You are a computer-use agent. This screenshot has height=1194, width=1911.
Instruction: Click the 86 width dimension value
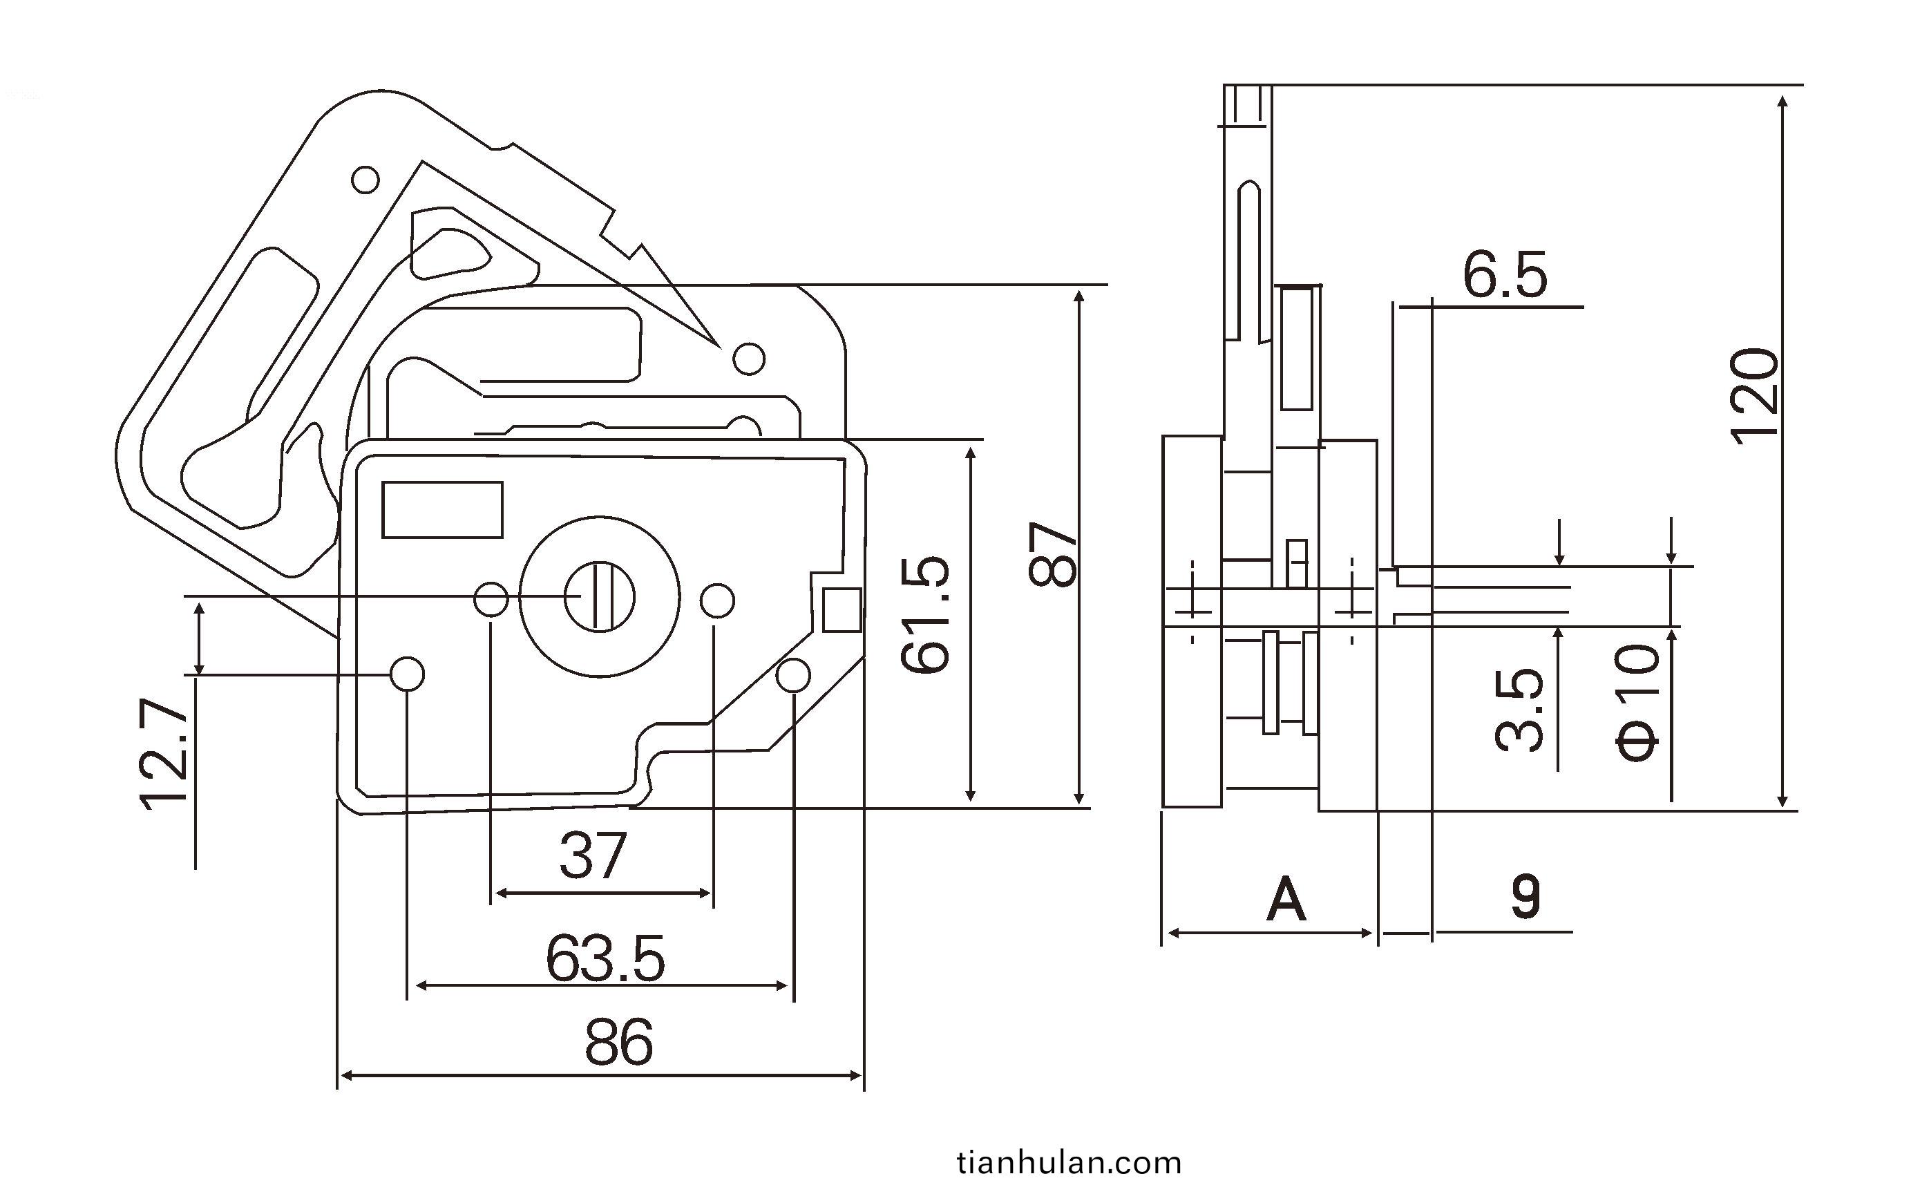(x=619, y=1043)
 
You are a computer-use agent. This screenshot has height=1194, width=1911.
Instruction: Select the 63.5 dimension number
(x=605, y=958)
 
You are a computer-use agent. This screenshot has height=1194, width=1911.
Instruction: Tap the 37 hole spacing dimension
(x=593, y=856)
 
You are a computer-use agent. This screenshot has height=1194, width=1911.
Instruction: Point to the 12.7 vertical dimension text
(x=166, y=754)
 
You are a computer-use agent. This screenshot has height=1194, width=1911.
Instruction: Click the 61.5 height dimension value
(x=926, y=614)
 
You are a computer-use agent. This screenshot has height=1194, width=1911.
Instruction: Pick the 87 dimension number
(x=1053, y=553)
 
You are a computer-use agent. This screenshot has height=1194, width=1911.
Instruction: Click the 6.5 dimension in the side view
(x=1505, y=275)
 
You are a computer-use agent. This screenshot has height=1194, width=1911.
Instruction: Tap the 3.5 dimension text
(x=1520, y=709)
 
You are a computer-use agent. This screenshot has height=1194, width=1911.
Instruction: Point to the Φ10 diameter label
(x=1637, y=701)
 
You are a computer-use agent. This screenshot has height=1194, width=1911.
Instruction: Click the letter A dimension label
(x=1286, y=900)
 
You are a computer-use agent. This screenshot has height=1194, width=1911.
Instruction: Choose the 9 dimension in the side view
(x=1525, y=897)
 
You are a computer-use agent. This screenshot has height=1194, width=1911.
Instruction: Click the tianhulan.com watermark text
(x=1069, y=1163)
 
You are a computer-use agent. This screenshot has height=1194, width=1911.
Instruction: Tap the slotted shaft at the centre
(x=599, y=597)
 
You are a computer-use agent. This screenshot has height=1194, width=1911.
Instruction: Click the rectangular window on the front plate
(x=442, y=509)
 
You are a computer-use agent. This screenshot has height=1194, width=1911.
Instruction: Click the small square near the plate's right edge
(x=842, y=609)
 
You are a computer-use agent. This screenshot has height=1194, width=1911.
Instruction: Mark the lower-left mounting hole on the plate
(x=408, y=674)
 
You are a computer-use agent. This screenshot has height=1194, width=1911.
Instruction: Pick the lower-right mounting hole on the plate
(x=793, y=676)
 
